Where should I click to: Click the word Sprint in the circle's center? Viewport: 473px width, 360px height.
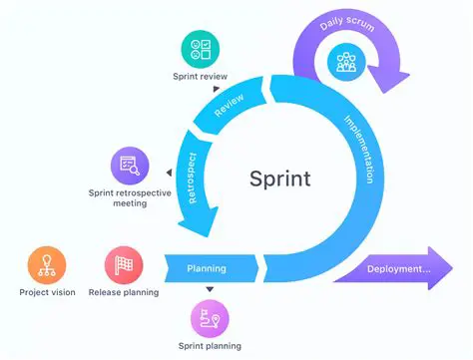click(279, 179)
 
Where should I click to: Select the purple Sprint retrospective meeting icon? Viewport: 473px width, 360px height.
click(131, 163)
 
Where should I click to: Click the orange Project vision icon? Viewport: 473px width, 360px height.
click(47, 266)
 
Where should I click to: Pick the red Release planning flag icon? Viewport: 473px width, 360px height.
click(125, 266)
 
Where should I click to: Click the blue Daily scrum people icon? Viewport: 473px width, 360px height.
click(346, 62)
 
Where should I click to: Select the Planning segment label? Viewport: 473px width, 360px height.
click(207, 268)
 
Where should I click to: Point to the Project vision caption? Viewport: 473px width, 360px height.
click(47, 292)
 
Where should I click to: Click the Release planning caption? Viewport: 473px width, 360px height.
click(125, 292)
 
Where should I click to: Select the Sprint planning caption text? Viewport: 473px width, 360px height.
click(210, 345)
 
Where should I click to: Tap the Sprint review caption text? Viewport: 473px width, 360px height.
click(201, 76)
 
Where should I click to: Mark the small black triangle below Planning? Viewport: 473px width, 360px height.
click(210, 290)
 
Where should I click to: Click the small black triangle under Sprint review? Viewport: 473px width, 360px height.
click(217, 88)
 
